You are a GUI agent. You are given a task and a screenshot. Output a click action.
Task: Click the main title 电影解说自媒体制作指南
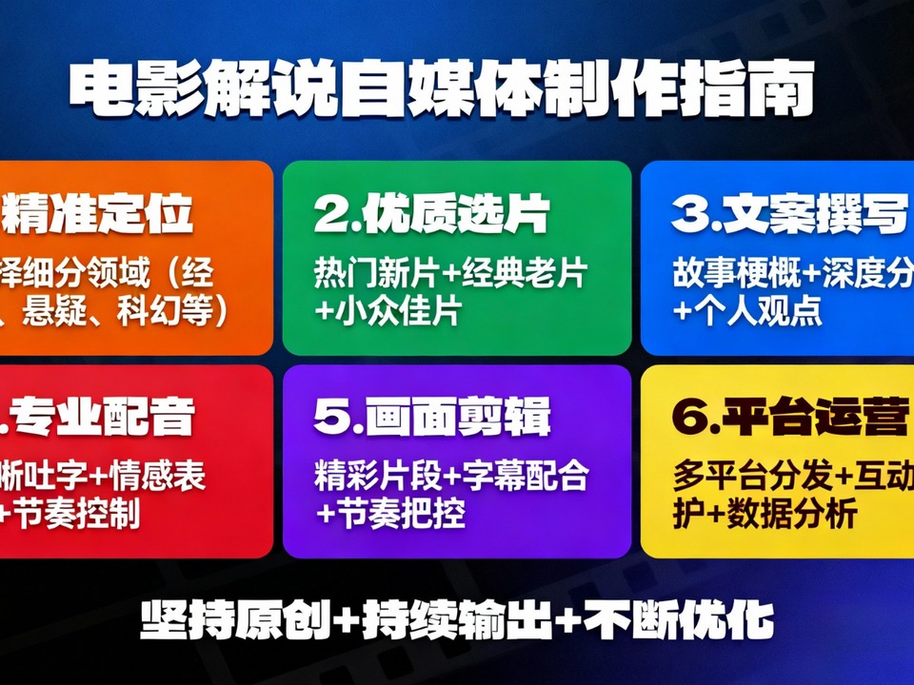tap(442, 91)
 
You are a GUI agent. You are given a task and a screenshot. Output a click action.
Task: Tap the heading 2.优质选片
tap(431, 216)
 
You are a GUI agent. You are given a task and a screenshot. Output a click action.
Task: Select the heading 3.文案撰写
tap(788, 216)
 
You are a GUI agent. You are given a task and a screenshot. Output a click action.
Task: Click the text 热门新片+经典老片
tap(450, 274)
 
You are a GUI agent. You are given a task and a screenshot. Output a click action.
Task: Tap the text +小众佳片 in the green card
tap(387, 311)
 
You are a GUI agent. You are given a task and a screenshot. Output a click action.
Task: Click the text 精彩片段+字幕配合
tap(451, 476)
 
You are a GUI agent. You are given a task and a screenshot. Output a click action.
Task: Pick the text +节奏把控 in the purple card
tap(390, 514)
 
